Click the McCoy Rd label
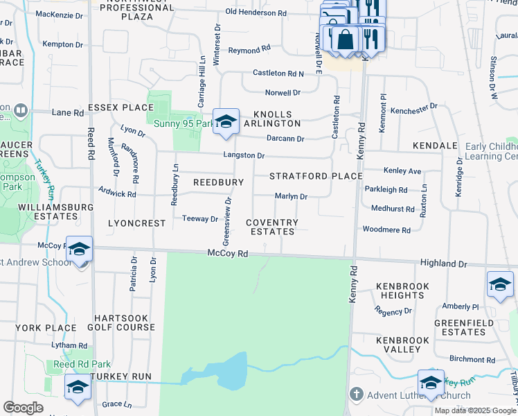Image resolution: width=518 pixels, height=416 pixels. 227,254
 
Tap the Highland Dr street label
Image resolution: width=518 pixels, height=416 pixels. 443,264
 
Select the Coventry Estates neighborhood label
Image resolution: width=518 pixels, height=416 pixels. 272,227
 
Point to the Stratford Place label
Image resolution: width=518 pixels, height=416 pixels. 316,176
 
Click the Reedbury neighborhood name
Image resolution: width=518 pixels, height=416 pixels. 218,182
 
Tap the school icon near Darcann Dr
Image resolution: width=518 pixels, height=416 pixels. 226,122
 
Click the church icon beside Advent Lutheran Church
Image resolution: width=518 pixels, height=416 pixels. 357,395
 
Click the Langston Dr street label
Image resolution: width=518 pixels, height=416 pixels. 243,156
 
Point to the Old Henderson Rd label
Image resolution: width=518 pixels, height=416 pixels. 256,12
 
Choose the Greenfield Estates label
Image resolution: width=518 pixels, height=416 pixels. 464,327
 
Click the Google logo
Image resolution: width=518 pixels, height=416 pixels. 24,408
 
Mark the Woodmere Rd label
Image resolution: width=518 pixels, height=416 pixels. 386,229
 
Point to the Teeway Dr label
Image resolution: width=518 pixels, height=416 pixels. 200,219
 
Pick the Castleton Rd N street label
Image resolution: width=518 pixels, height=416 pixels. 278,73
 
